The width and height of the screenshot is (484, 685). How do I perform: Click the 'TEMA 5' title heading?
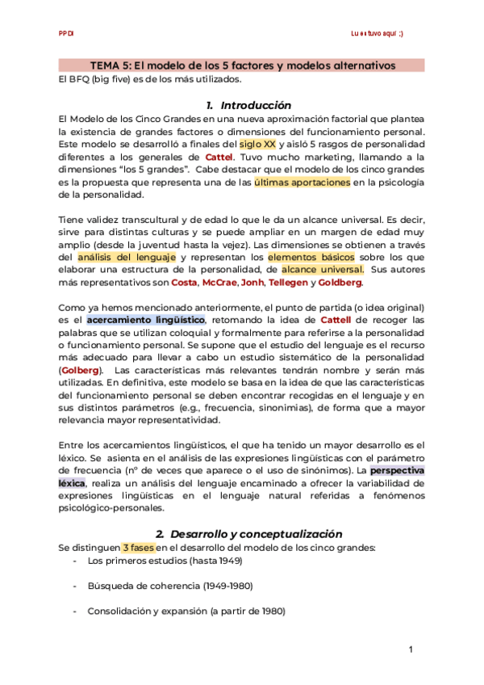[x=242, y=65]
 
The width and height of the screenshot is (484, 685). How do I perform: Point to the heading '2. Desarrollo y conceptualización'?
[x=248, y=533]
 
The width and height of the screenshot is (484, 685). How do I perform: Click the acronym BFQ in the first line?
[x=80, y=79]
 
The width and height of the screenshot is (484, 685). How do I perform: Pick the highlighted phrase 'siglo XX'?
[x=257, y=144]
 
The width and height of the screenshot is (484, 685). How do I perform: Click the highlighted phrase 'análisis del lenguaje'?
[x=127, y=257]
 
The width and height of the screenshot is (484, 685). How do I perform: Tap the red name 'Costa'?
[x=184, y=283]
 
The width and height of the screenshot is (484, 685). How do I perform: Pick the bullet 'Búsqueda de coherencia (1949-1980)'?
[x=173, y=586]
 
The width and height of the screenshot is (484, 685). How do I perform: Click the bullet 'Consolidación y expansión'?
[x=186, y=612]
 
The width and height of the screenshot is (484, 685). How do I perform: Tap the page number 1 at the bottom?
[x=411, y=650]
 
